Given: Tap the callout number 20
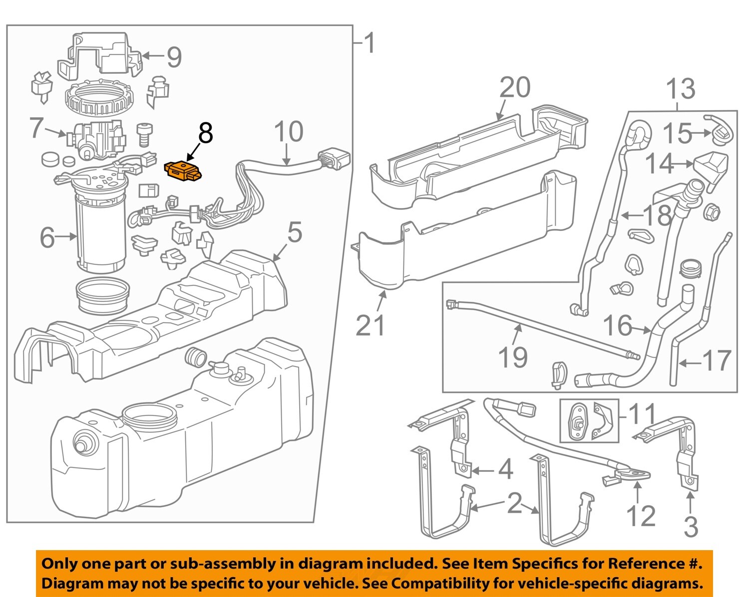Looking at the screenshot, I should click(x=515, y=87).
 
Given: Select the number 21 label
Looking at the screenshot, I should click(x=371, y=325).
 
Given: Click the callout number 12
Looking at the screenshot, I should click(x=641, y=516).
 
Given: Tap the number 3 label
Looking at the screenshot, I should click(x=691, y=527).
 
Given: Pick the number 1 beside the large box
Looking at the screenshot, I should click(x=370, y=44).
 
